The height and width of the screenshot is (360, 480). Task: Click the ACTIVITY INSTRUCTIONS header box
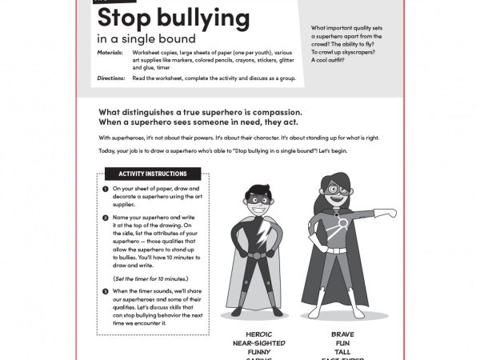click(153, 174)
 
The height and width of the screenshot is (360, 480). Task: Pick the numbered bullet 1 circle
click(106, 189)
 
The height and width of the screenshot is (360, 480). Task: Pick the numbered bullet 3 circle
click(106, 290)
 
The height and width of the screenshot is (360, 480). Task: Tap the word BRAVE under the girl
click(342, 334)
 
